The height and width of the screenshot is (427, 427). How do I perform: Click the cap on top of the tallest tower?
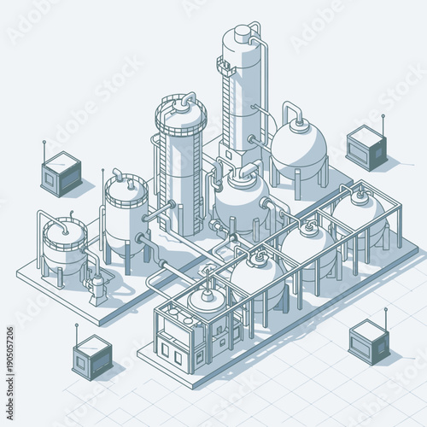[243, 32]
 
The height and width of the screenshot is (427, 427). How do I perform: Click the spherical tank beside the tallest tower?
[298, 150]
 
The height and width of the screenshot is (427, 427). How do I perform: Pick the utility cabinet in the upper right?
[366, 148]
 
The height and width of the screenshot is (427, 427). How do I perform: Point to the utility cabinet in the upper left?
[61, 174]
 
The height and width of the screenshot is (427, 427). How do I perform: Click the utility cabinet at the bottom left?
[91, 356]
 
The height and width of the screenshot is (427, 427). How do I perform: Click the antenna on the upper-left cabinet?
[44, 149]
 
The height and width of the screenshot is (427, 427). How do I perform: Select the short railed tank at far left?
[64, 243]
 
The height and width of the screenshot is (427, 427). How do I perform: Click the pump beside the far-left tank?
[97, 287]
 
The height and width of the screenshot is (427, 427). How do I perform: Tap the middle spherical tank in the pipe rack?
[308, 247]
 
